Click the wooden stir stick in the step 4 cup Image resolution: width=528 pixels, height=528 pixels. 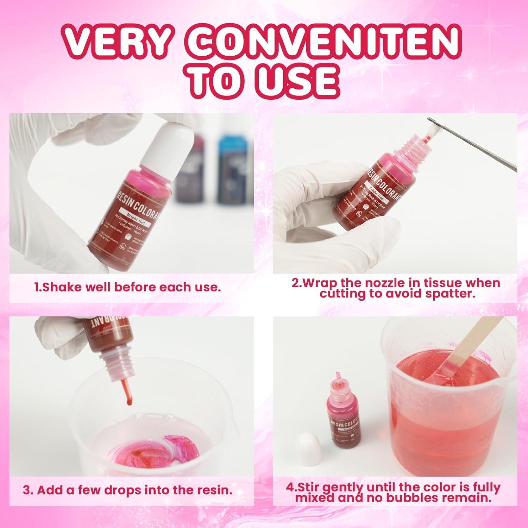pos(461,348)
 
